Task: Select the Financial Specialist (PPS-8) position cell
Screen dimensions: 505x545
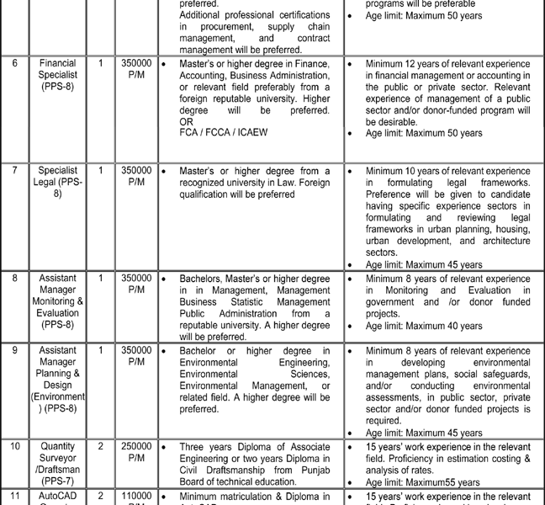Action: click(57, 75)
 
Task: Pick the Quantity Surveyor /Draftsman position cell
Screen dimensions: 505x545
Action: click(57, 463)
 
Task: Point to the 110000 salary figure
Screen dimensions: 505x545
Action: click(136, 497)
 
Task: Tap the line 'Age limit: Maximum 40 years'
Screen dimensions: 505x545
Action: click(424, 326)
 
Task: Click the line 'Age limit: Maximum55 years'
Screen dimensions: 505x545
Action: click(423, 482)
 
